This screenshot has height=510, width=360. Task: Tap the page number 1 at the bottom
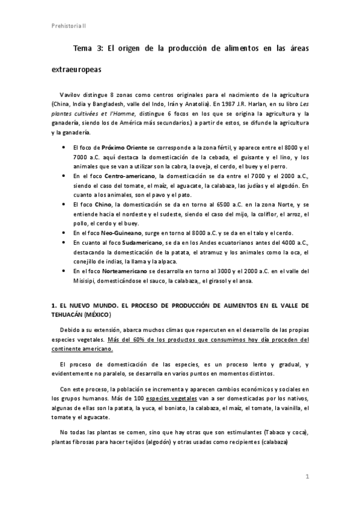click(307, 477)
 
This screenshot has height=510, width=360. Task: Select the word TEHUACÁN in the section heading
click(69, 315)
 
